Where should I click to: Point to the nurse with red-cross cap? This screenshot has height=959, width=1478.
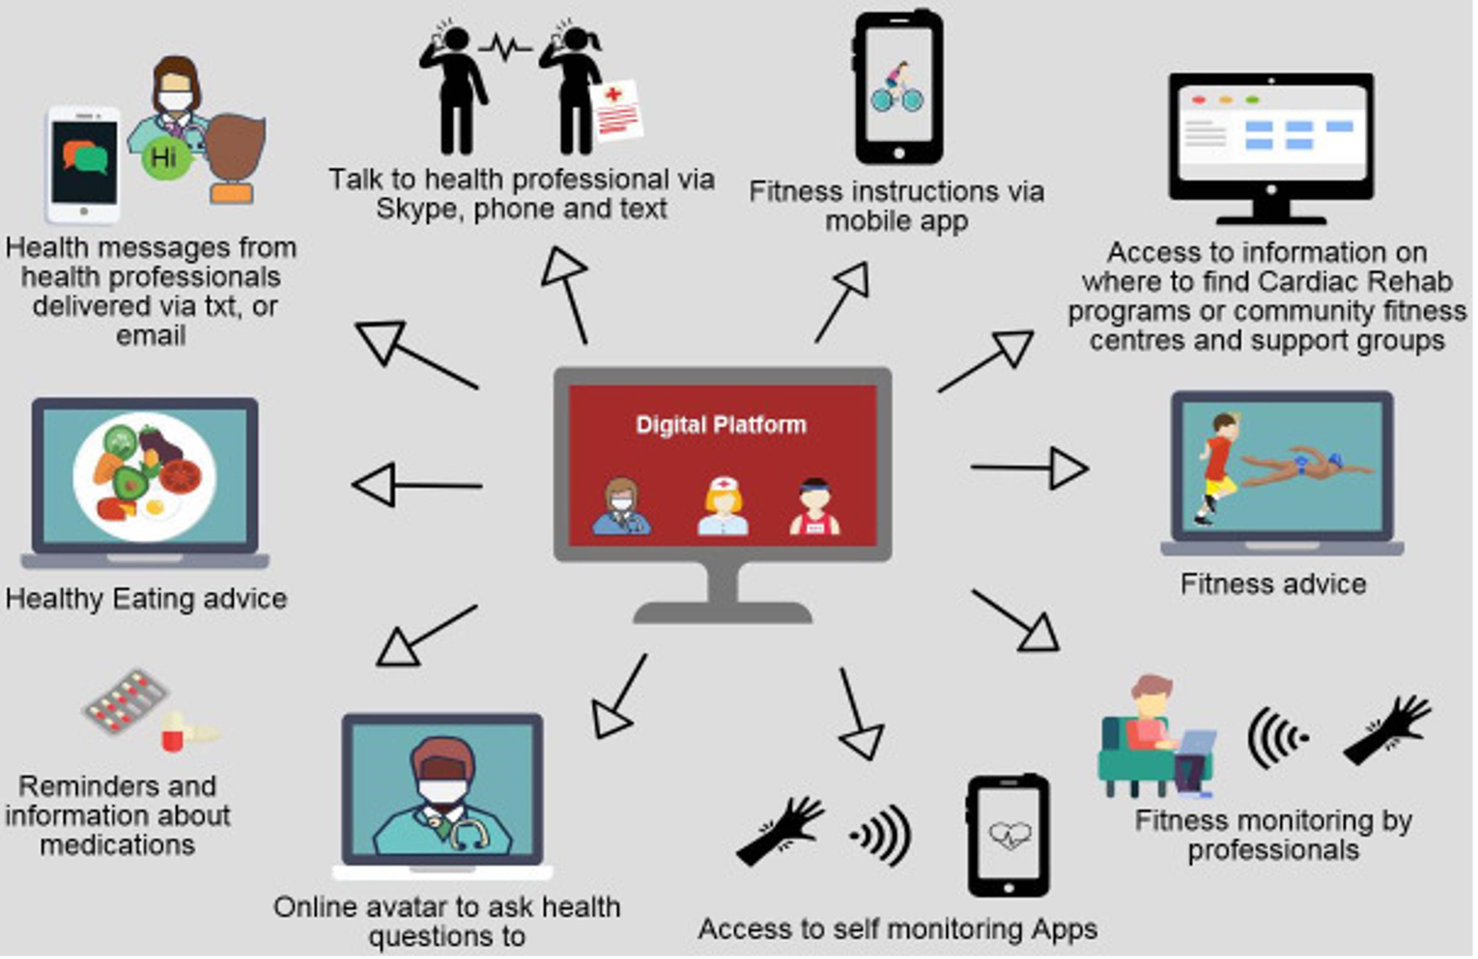pos(722,506)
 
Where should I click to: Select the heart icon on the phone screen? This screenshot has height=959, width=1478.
pos(1009,835)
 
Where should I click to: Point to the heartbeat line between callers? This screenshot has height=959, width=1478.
pos(504,47)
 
